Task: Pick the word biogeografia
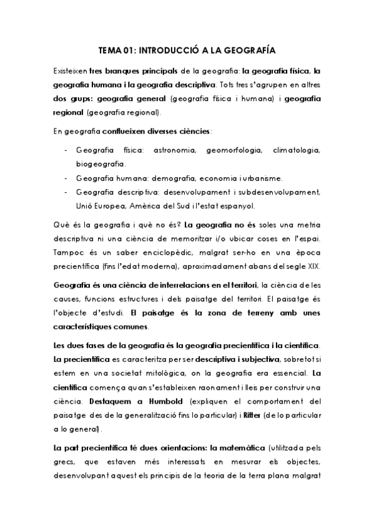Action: [100, 164]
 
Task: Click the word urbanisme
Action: [262, 178]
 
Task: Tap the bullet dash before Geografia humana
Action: [66, 178]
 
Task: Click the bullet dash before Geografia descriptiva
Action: [66, 192]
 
